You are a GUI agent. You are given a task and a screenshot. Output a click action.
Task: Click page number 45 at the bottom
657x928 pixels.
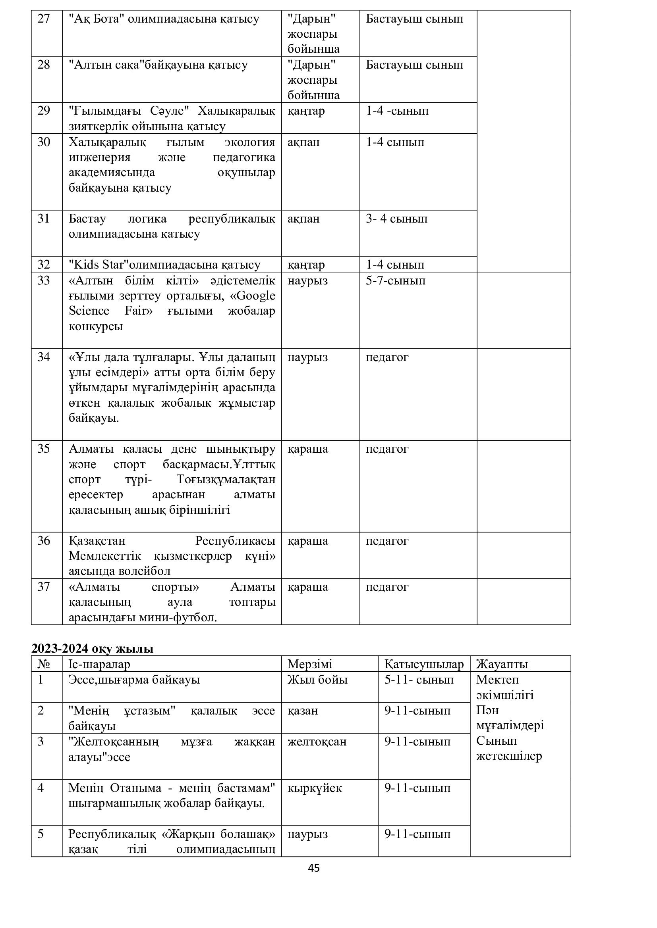[x=313, y=868]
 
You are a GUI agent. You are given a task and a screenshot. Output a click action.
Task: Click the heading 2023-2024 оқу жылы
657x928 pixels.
[x=92, y=649]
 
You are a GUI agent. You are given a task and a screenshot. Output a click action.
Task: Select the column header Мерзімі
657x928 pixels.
[x=309, y=664]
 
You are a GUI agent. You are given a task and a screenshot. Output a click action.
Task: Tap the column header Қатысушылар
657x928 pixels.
[x=423, y=664]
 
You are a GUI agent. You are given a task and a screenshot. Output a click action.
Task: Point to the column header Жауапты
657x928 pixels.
[x=502, y=664]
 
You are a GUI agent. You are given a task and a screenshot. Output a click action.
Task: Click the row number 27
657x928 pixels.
[x=43, y=19]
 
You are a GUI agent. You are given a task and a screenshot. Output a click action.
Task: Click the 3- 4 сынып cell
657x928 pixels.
[x=396, y=219]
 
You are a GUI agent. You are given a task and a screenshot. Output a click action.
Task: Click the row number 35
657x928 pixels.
[x=43, y=449]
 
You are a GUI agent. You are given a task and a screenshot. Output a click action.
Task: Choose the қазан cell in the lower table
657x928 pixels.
[x=303, y=711]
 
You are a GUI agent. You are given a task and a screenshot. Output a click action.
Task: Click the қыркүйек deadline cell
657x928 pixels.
[x=314, y=788]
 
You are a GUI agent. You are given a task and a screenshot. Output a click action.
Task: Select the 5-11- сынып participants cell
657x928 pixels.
[x=419, y=680]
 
